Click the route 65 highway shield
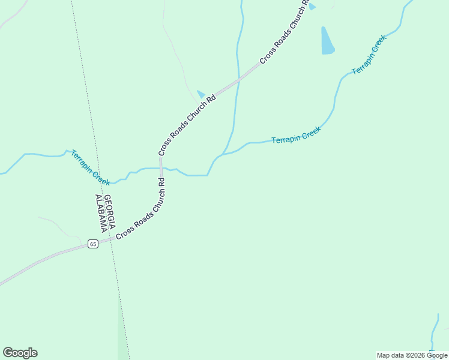pos(92,244)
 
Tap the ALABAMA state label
pos(101,213)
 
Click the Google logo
pos(20,353)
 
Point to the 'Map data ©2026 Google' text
pos(412,355)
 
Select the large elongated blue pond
pos(327,41)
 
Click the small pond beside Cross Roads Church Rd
pos(201,94)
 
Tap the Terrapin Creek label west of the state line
pos(90,167)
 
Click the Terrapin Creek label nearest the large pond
pos(369,55)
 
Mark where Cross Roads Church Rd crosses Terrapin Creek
pos(161,168)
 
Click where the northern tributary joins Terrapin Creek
pos(223,154)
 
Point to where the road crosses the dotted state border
pos(111,240)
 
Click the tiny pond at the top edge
pos(312,6)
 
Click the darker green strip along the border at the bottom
pos(123,342)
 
